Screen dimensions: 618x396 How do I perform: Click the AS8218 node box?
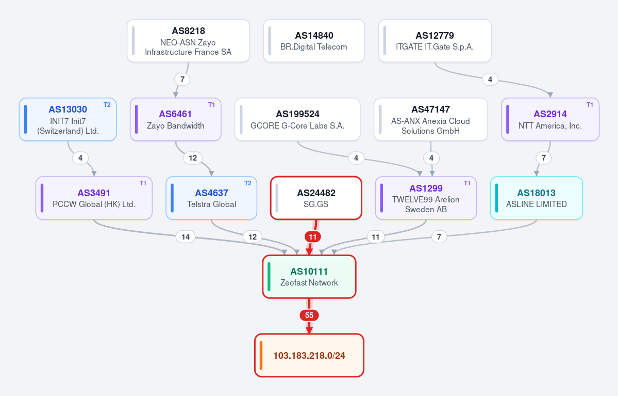coord(188,41)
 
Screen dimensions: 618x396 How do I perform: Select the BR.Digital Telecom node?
coord(314,41)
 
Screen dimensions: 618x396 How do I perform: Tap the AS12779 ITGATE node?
coord(435,41)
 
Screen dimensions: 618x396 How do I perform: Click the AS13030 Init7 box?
coord(68,119)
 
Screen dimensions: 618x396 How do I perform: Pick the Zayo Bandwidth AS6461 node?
coord(175,119)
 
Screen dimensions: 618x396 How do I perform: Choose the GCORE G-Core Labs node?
coord(297,119)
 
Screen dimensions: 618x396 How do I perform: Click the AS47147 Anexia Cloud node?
coord(430,119)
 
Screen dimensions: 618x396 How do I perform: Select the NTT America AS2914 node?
coord(550,119)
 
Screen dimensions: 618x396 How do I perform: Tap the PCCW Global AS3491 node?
coord(94,198)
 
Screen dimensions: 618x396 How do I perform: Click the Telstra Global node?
coord(211,198)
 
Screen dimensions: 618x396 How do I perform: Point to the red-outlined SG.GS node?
coord(316,198)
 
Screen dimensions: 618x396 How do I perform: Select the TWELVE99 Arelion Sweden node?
coord(426,198)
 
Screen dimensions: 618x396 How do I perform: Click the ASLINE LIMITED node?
coord(537,198)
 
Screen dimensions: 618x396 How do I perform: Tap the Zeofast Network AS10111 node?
coord(309,276)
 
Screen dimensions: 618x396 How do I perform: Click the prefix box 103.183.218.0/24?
coord(309,355)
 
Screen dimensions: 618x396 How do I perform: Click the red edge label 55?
coord(309,315)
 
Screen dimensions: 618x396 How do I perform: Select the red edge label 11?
coord(312,237)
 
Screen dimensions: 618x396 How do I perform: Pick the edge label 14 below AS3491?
coord(185,237)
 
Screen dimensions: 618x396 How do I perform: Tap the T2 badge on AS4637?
coord(247,183)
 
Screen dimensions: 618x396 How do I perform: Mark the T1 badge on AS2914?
coord(590,105)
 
